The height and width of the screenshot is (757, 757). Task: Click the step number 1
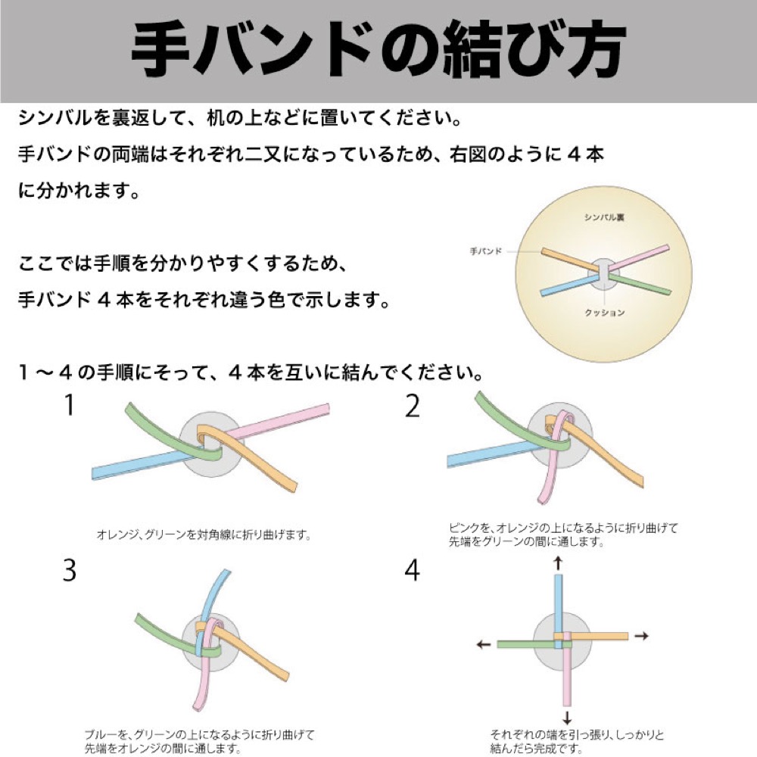tap(70, 407)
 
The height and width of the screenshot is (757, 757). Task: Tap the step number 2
tap(412, 407)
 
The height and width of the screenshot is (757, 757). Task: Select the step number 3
tap(70, 570)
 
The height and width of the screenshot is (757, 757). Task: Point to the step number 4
tap(412, 570)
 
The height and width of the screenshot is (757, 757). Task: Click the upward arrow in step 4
tap(559, 562)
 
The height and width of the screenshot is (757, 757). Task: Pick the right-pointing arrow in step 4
tap(641, 637)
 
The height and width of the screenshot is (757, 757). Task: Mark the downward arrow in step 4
tap(566, 718)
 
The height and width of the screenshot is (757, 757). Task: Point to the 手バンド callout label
tap(486, 251)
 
